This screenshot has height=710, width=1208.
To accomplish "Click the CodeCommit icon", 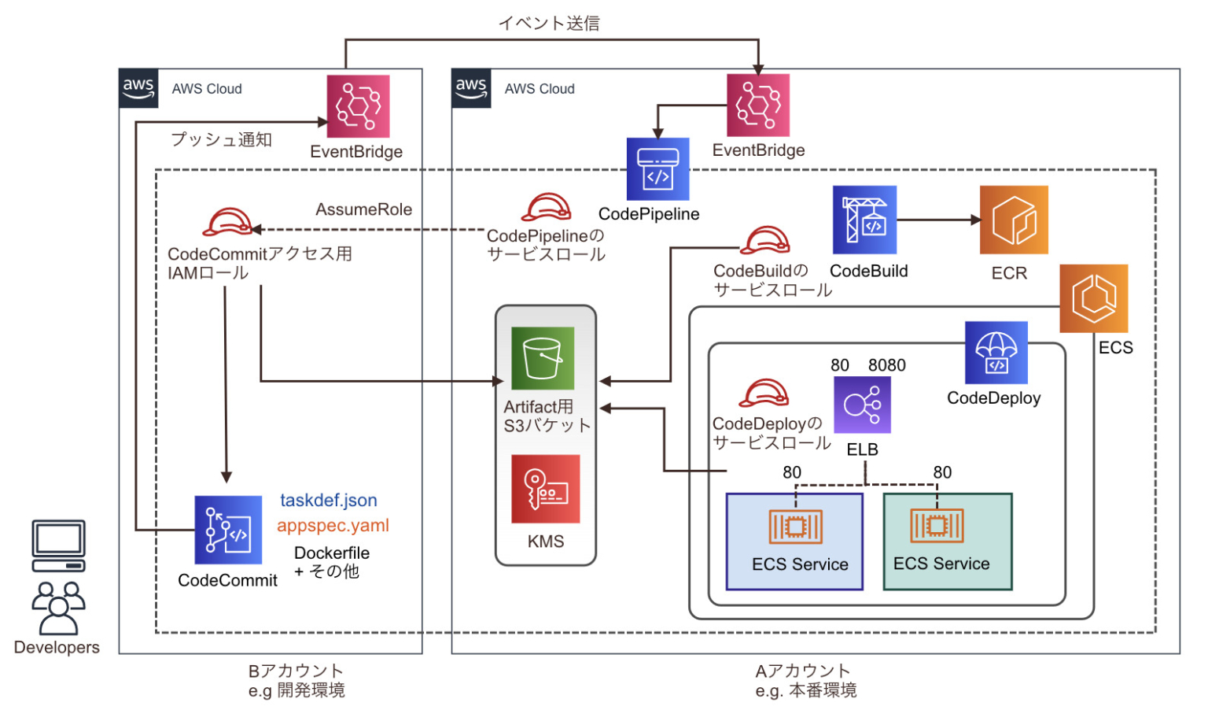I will coord(228,530).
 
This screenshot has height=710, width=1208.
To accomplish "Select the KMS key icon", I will coord(545,489).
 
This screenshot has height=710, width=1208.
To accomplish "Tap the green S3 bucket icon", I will coord(543,358).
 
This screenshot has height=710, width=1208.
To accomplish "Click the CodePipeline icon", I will coord(657,169).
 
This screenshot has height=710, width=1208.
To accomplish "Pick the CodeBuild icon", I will coord(864,220).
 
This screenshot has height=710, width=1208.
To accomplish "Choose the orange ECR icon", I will coord(1013,220).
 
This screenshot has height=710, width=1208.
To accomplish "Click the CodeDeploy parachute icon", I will coord(996,353).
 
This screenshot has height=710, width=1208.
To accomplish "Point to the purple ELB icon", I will coord(862,405).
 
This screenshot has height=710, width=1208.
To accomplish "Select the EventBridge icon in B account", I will coord(358,106).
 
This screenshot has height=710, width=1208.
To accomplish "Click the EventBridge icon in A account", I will coord(757,105).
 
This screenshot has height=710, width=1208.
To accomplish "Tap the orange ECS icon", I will coord(1093,298).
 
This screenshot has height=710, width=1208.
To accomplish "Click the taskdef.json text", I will coord(328,501).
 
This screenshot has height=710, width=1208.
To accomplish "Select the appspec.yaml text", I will coord(333,526).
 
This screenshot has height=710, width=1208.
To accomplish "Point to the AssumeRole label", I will coord(363,209).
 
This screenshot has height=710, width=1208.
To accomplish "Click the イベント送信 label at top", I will coord(549,24).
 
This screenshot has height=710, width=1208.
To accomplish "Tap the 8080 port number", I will coord(886,365).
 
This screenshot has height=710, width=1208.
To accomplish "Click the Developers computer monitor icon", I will coord(58,545).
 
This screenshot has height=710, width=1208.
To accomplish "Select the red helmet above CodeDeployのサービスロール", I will coord(763,393).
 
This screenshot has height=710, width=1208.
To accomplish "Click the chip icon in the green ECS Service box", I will coord(936,526).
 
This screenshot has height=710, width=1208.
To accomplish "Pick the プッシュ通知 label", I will coord(222,139).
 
